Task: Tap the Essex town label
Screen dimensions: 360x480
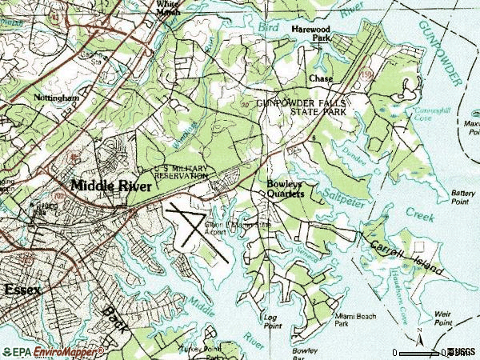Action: click(22, 289)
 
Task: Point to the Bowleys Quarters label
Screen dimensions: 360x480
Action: click(284, 188)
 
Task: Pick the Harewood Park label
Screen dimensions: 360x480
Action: click(310, 33)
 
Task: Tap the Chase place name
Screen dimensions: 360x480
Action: click(321, 79)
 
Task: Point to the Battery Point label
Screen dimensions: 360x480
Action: click(462, 197)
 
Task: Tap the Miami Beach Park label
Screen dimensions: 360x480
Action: click(352, 321)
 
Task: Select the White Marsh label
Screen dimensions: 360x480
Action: click(168, 8)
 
